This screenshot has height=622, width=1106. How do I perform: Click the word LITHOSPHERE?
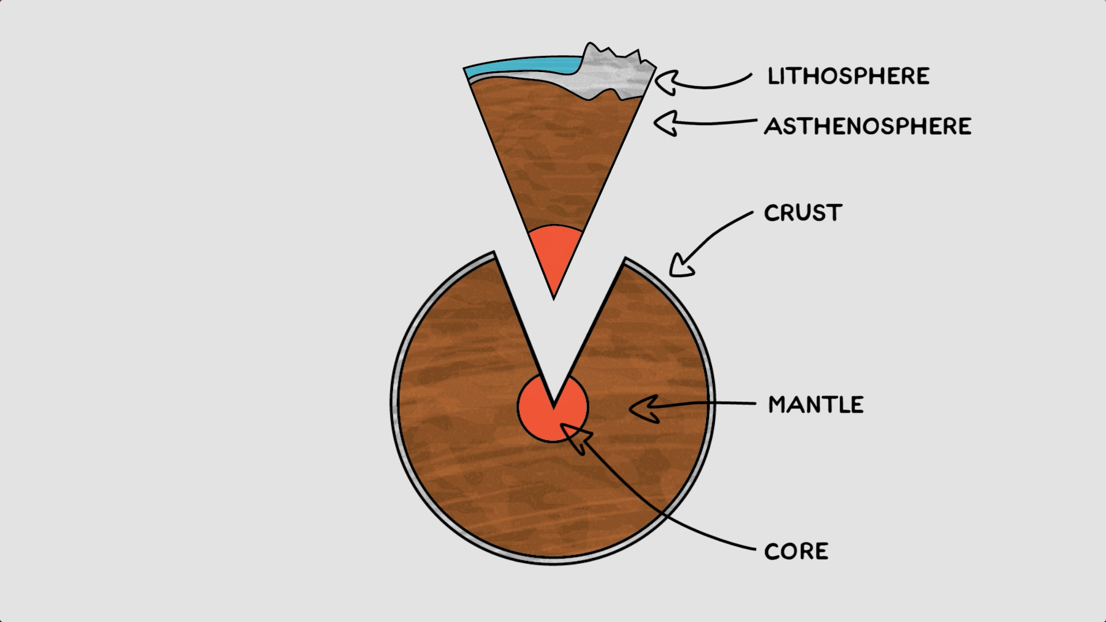pos(849,76)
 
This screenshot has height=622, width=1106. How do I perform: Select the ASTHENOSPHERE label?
pos(868,126)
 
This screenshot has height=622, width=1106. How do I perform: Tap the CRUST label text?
pos(803,213)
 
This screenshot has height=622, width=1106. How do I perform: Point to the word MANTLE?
pos(816,405)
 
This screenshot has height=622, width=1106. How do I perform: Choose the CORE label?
pos(796,551)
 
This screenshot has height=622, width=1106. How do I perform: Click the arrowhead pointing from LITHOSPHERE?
pos(668,82)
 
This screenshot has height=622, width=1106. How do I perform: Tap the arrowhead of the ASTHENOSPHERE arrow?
pos(665,123)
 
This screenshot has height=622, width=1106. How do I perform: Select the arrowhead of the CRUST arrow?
pos(681,266)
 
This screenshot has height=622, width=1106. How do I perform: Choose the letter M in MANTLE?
pos(779,405)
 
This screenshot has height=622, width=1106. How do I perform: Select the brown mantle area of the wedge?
pos(553,161)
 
